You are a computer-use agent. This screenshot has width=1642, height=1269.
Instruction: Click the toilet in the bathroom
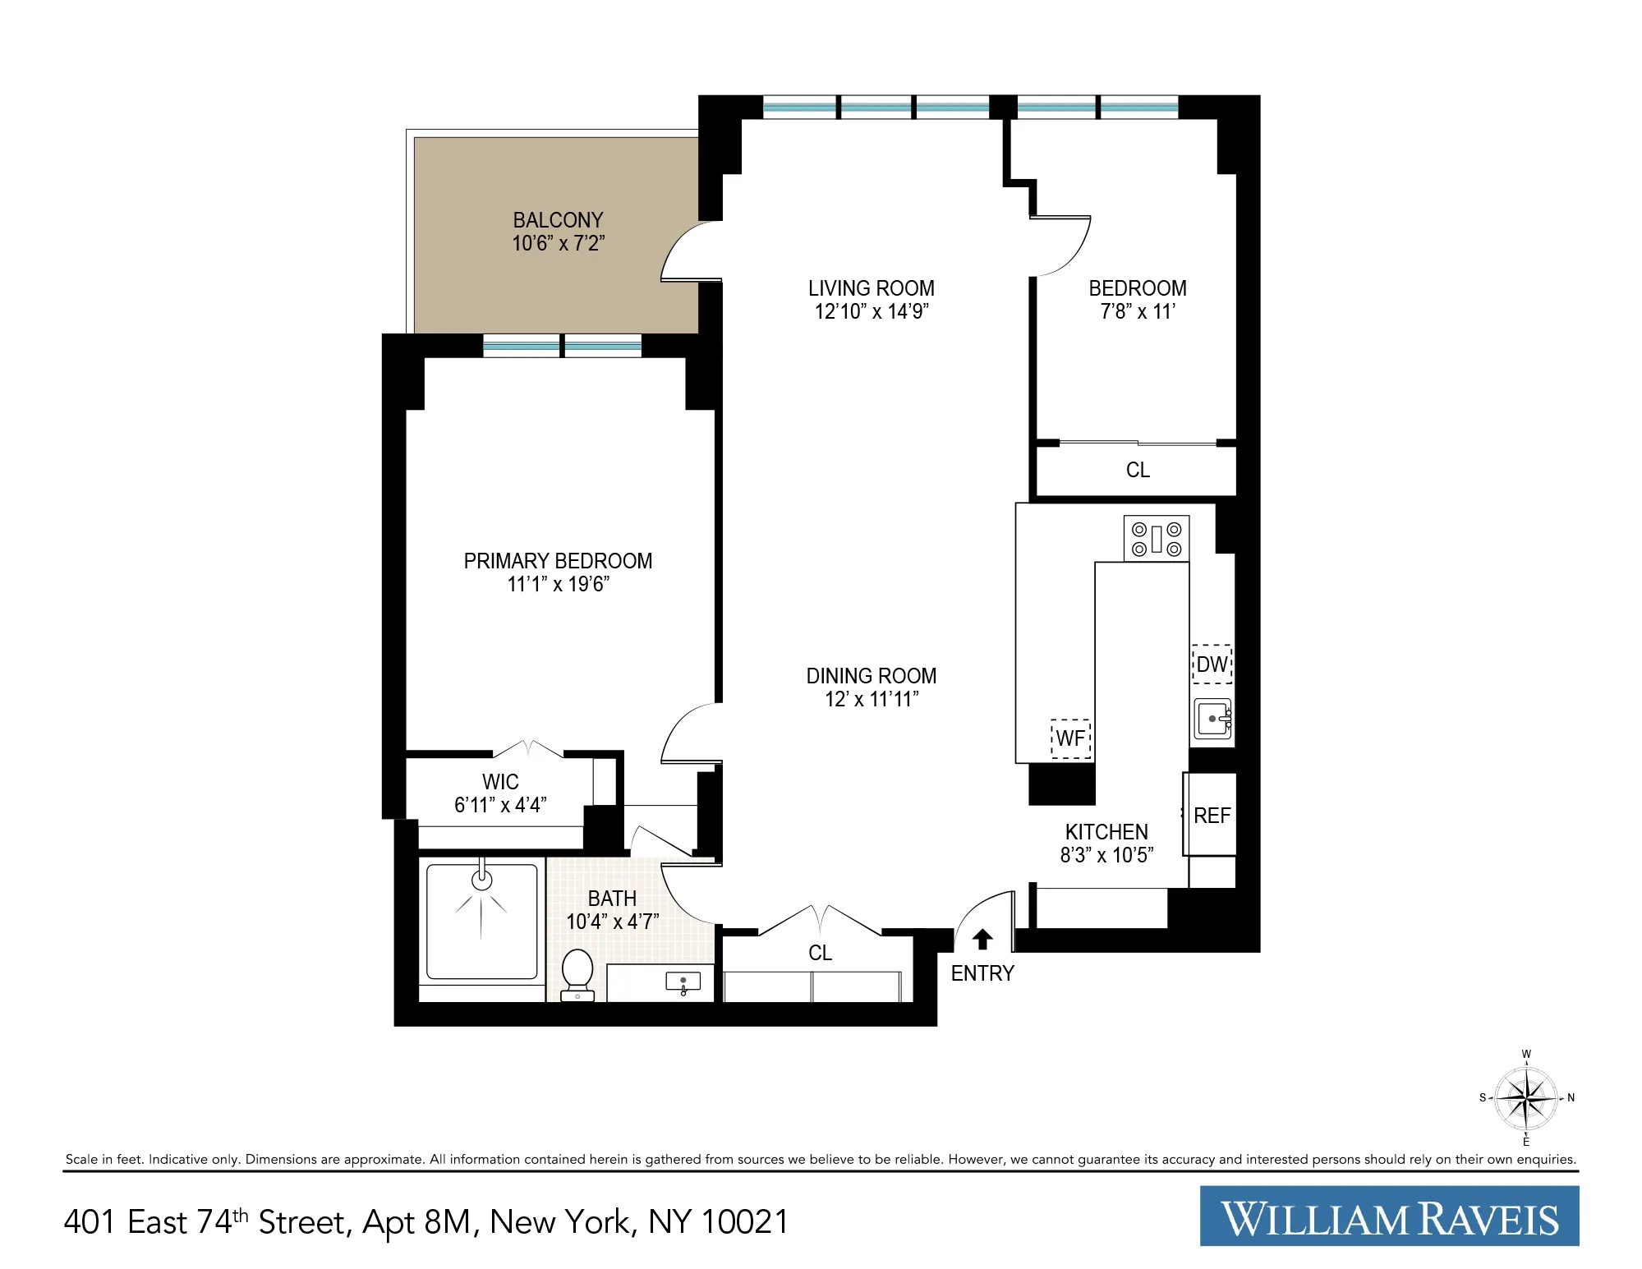coord(577,974)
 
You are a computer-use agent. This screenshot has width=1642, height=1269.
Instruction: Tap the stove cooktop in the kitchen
coord(1156,539)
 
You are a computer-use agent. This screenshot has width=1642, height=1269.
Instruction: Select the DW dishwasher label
coord(1212,664)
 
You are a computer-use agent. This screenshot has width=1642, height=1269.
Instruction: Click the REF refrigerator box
coord(1211,816)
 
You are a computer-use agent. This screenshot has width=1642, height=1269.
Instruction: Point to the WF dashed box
coord(1070,738)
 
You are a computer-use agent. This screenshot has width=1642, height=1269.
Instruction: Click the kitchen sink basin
coord(1213,720)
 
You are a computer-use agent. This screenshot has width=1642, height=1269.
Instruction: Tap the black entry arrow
coord(982,939)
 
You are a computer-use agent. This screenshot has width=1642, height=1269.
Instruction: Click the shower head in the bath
coord(481,880)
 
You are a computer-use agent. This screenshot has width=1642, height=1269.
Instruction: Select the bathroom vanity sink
coord(683,982)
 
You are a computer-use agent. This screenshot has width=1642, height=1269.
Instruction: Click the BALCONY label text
coord(558,220)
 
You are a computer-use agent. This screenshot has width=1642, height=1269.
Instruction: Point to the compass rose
coord(1525,1098)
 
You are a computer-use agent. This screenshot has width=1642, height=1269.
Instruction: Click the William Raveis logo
coord(1389,1216)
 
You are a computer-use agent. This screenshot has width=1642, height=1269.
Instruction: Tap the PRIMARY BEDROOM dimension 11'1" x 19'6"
coord(558,585)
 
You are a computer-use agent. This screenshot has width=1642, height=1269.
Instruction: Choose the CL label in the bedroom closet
coord(1138,470)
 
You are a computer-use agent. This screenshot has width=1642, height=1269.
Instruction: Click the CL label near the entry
coord(820,953)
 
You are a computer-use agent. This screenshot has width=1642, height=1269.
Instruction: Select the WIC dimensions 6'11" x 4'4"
coord(500,805)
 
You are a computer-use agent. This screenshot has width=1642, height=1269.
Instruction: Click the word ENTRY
coord(982,973)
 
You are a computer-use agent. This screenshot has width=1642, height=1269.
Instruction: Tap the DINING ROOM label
coord(871,676)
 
